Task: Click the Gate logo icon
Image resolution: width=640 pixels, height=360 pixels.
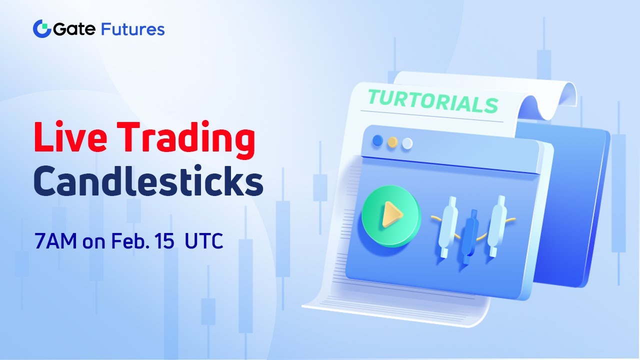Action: click(41, 29)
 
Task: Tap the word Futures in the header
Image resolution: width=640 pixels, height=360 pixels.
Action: click(132, 29)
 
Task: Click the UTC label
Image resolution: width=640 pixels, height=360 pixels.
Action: click(203, 241)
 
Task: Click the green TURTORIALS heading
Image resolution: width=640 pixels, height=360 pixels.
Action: click(432, 101)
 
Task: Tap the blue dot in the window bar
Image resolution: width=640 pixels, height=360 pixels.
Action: click(378, 140)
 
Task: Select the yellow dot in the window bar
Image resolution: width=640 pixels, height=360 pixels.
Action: click(392, 142)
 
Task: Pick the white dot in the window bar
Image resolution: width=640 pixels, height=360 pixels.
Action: click(407, 143)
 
